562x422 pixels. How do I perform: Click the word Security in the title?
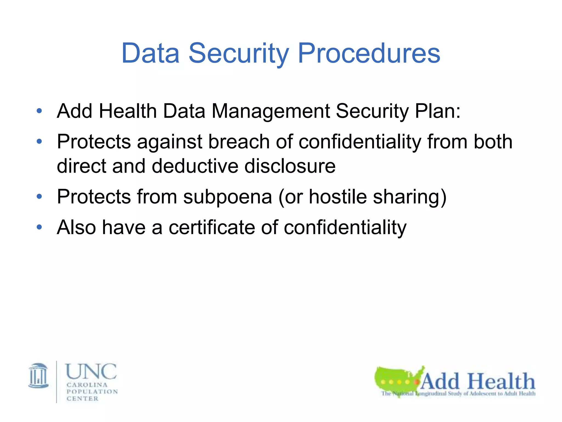point(238,53)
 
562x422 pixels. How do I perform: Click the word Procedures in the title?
point(369,53)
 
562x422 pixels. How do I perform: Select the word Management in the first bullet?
point(271,111)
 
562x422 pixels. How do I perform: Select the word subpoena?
point(227,197)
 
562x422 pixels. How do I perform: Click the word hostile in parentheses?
point(338,197)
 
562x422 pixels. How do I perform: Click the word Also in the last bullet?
point(76,227)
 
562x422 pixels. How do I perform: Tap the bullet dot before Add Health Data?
point(39,111)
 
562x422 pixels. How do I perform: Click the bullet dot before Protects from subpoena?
point(39,197)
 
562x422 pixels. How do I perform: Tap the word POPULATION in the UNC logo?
point(92,392)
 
